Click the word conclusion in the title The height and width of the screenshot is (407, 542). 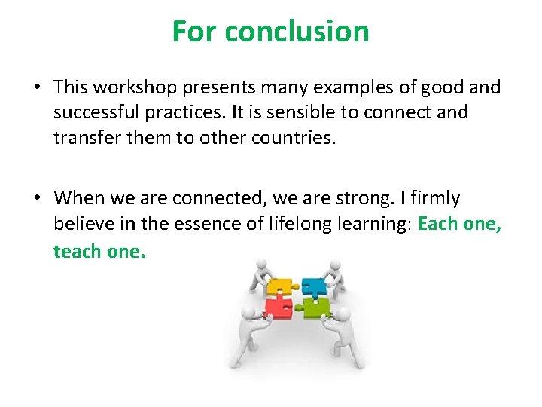click(297, 32)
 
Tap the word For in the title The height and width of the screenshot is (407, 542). click(195, 32)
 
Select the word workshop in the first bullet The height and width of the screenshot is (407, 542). click(131, 87)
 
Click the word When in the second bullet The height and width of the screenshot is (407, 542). click(79, 198)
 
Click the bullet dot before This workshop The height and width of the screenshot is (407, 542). click(37, 87)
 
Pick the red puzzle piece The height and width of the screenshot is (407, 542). click(279, 306)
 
